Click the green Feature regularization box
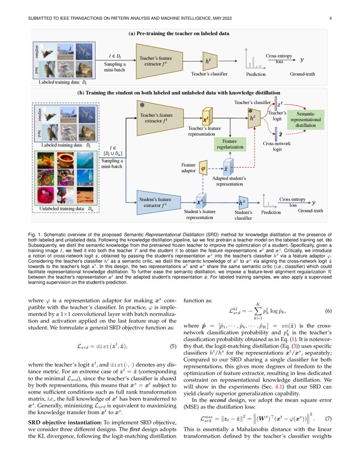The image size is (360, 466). [x=230, y=144]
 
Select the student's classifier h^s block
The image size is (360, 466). [x=243, y=203]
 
